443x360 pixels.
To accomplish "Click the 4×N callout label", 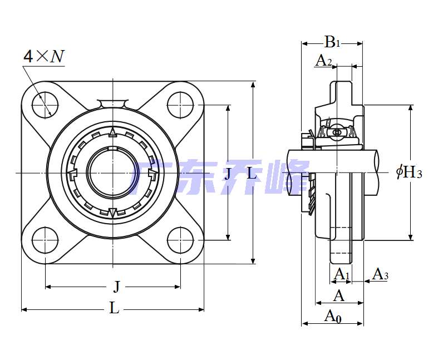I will click(x=43, y=56).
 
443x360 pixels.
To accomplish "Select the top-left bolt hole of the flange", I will click(x=45, y=104).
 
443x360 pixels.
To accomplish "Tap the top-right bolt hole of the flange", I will click(x=180, y=104).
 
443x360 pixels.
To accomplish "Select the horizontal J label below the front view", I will click(x=116, y=287).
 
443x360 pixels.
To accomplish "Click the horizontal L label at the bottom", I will click(x=114, y=308).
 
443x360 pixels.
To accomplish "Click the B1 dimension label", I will click(x=332, y=42).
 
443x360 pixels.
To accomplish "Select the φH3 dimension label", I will click(x=409, y=172).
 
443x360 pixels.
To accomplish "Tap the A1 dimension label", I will click(x=341, y=274).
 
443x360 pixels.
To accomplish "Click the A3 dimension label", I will click(x=380, y=274).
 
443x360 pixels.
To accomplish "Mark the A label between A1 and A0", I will click(x=338, y=295).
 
